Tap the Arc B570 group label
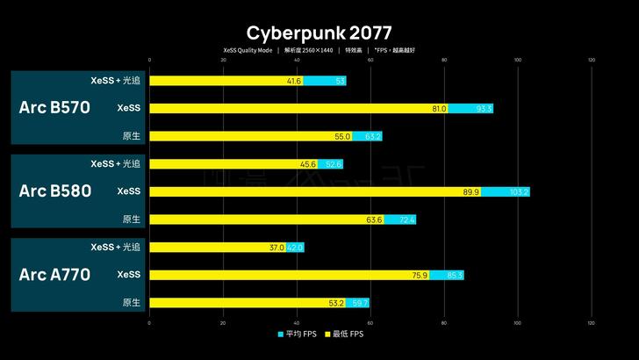point(54,108)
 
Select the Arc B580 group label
point(54,191)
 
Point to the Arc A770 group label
point(54,275)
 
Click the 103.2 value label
point(520,192)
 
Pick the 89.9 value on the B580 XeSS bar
point(470,192)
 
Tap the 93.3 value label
point(484,109)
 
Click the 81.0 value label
point(439,109)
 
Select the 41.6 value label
point(294,81)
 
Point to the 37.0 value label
point(276,248)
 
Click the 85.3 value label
point(455,276)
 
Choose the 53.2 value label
point(335,303)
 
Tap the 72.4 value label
point(406,220)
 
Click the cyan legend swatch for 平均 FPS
point(281,335)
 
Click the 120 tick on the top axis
point(591,61)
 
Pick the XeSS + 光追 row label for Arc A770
point(115,248)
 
